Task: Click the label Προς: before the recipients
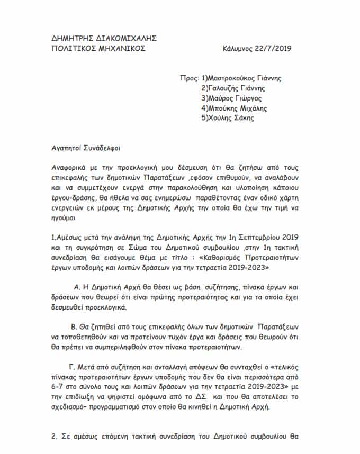189,78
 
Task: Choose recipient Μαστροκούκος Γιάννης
245,78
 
